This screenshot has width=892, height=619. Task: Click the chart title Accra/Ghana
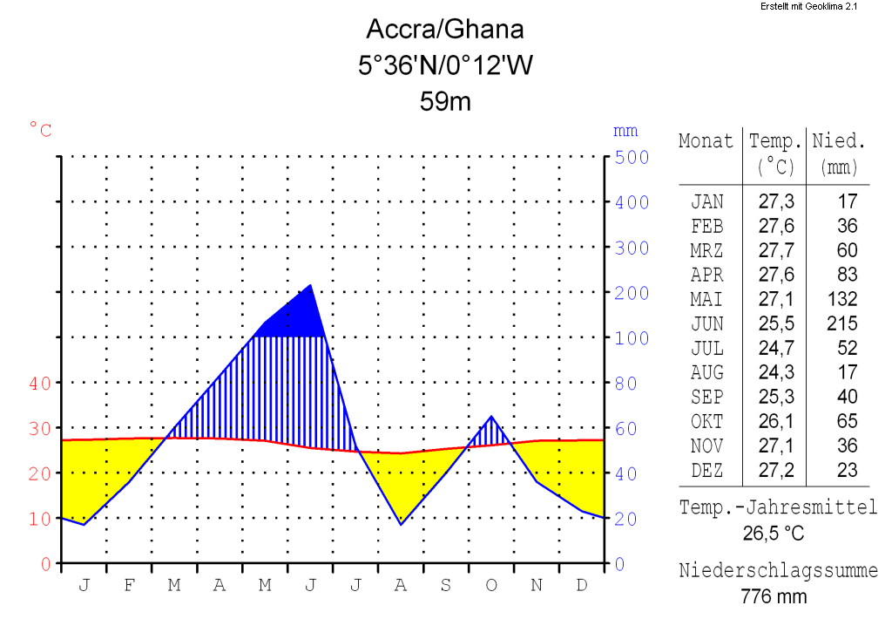(x=445, y=30)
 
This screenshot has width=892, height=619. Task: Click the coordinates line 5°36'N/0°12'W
(x=445, y=65)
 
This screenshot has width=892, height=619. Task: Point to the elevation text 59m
(x=445, y=101)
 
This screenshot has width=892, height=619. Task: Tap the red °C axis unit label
(x=40, y=131)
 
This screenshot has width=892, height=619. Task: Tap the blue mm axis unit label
(x=625, y=132)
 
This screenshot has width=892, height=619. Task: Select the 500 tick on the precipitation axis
(x=632, y=158)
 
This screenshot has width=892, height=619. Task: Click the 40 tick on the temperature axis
(x=40, y=383)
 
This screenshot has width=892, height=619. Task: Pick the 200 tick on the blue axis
(x=632, y=293)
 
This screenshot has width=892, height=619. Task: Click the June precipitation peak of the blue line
(x=310, y=286)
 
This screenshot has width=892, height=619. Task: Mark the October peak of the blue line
(x=491, y=418)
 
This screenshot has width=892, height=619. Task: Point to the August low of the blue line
(x=401, y=523)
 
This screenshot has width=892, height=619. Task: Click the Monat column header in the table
(x=706, y=141)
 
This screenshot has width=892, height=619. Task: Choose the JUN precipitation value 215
(x=842, y=324)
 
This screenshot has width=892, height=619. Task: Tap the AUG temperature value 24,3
(x=776, y=373)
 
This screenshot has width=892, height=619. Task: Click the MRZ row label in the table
(x=706, y=251)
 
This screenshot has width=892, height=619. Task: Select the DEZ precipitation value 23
(x=848, y=471)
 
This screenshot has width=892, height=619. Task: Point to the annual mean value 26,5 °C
(x=773, y=533)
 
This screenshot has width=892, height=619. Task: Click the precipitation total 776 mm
(x=774, y=597)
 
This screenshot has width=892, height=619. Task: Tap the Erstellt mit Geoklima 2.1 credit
(x=809, y=6)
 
